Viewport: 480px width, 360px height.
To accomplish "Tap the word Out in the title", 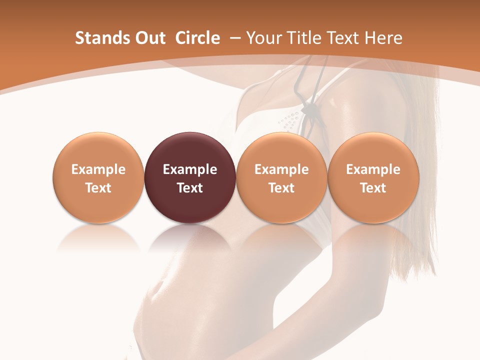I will click(149, 38).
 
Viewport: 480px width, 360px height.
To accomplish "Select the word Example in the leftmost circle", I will click(98, 169).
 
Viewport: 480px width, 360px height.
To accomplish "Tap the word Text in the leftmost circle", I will click(98, 188).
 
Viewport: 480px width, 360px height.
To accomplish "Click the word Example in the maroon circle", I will click(190, 169).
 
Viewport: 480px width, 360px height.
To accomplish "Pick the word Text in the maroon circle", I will click(190, 188).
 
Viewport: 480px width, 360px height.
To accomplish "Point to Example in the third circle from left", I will click(281, 169).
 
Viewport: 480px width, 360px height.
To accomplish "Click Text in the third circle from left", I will click(281, 188).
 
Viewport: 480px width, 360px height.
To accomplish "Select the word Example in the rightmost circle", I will click(373, 169).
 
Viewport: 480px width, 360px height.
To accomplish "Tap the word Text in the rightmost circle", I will click(373, 188).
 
